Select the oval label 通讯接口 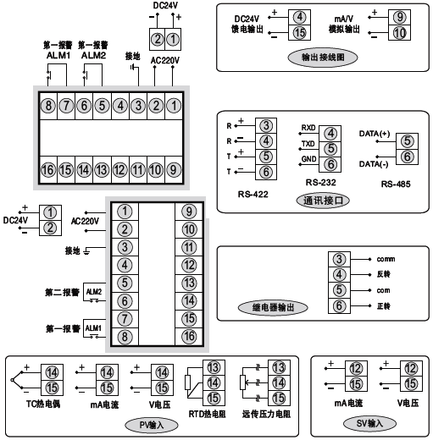[325, 201]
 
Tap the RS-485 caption [397, 184]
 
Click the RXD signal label [308, 129]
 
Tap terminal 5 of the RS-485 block [406, 141]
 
